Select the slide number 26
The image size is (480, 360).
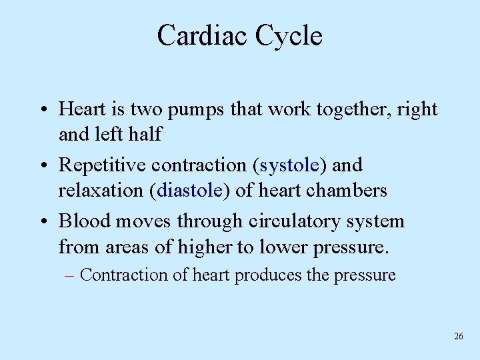[x=458, y=337]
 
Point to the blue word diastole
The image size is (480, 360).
[x=190, y=191]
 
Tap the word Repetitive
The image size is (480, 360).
[x=102, y=165]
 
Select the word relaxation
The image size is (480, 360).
[x=102, y=191]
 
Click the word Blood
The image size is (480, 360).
[x=82, y=221]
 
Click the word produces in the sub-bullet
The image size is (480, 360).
[x=270, y=275]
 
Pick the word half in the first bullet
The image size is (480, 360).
[x=145, y=135]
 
